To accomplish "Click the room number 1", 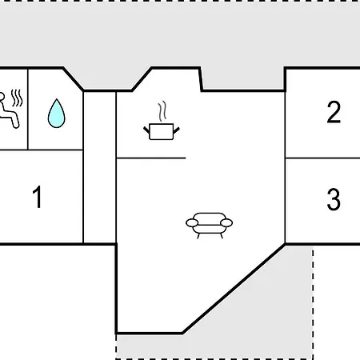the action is pos(38,197).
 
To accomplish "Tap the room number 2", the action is pos(334,112).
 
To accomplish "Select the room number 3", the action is pos(334,199).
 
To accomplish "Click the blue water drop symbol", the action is pos(56,114).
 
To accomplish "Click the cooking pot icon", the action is pos(162,131).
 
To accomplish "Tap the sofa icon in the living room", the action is pos(209,226).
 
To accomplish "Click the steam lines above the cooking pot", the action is pos(162,111).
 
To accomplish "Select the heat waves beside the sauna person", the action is pos(17,98).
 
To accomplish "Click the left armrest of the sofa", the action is pos(192,223).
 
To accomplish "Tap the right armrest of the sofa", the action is pos(226,222).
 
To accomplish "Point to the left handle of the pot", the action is pos(146,130).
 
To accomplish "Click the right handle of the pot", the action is pos(177,130).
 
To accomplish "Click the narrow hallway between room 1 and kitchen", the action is pos(100,167).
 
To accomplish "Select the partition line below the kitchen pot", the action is pos(151,158).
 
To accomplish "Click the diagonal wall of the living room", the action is pos(234,289).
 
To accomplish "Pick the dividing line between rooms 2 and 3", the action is pos(322,158).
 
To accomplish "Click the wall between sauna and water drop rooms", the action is pos(28,110).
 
